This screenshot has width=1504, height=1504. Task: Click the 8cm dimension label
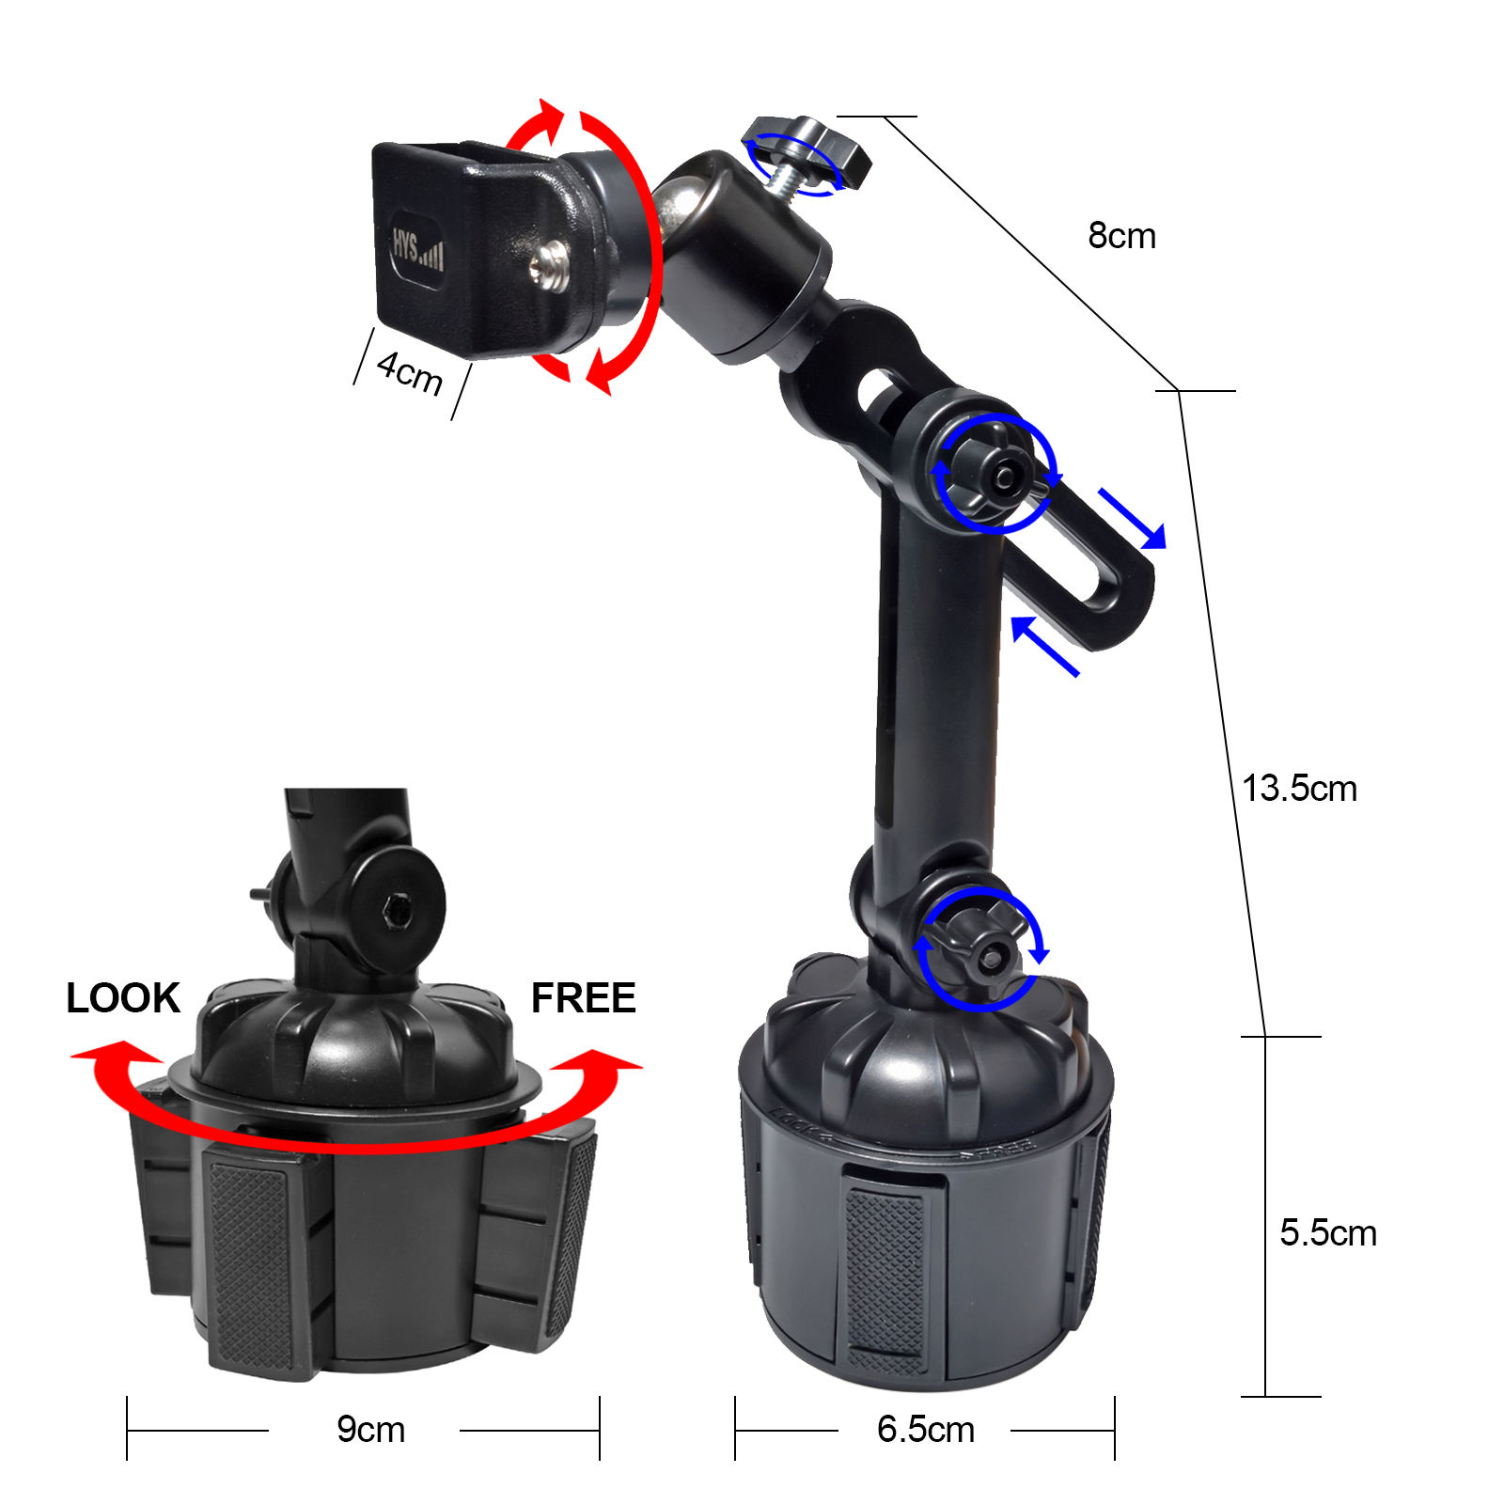(1121, 236)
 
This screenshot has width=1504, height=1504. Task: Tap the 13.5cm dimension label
(1299, 789)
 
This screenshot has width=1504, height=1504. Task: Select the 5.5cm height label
(1327, 1232)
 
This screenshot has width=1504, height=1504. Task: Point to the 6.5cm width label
(925, 1430)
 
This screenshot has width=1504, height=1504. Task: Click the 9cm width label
(370, 1430)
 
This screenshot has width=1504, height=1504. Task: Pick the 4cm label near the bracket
(410, 372)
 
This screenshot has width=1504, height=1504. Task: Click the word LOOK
(122, 998)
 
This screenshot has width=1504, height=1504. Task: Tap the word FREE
(583, 998)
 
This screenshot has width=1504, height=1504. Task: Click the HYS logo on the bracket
(416, 249)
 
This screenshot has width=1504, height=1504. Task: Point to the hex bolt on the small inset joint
(395, 909)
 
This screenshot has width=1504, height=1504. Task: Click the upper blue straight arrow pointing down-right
(1135, 520)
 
